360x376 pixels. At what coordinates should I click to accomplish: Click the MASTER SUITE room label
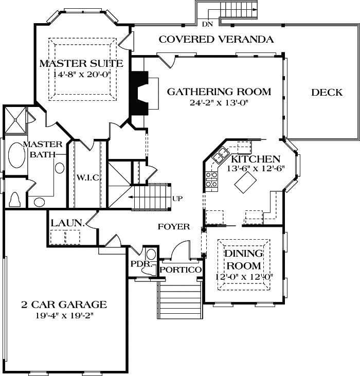point(81,64)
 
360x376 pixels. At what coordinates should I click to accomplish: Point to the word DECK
point(327,93)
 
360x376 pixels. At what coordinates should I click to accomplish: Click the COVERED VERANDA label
point(216,39)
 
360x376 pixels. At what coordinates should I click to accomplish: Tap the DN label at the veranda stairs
point(207,24)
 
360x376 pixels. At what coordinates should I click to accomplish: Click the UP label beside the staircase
point(177,198)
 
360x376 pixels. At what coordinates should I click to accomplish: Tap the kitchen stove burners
point(211,178)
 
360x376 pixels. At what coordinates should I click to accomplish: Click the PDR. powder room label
point(140,263)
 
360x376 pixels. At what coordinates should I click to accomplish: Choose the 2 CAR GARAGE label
point(64,305)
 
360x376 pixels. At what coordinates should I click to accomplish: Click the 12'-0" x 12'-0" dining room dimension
point(244,277)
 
